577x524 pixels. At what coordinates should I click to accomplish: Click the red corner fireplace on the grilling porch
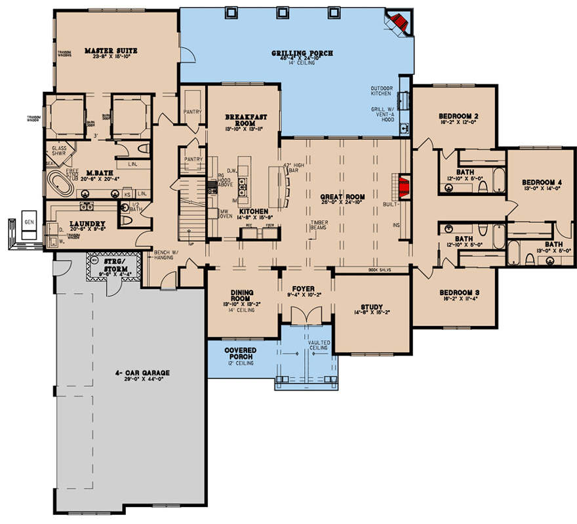coord(398,23)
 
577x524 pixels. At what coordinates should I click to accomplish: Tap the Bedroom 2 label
coord(458,116)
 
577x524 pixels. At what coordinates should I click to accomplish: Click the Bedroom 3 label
coord(458,291)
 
